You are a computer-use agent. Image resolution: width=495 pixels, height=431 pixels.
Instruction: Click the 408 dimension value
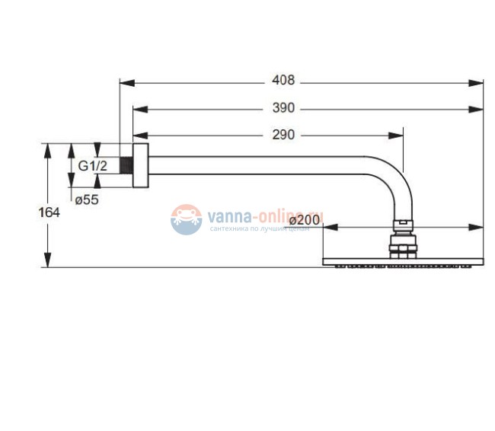[x=283, y=80]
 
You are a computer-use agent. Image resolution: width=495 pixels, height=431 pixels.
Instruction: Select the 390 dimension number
[x=283, y=108]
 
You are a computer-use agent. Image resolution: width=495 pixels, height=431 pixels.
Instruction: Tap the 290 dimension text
[x=283, y=136]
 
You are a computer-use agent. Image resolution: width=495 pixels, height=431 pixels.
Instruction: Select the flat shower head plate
[x=404, y=263]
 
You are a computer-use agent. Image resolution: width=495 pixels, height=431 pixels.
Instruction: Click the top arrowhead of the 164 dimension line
[x=48, y=148]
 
